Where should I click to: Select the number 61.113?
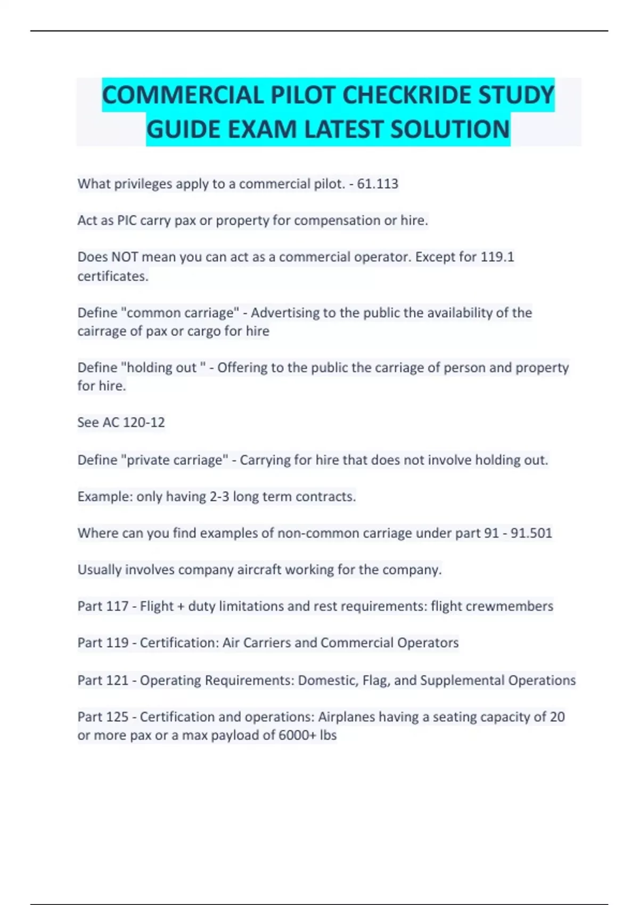(378, 184)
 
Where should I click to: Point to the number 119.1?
(497, 257)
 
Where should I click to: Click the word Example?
(104, 497)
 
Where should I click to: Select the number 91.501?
(531, 533)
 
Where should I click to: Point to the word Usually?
(99, 570)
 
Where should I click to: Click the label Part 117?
(103, 606)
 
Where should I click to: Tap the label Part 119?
(103, 643)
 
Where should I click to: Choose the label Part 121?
(103, 680)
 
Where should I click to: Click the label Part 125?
(103, 717)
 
